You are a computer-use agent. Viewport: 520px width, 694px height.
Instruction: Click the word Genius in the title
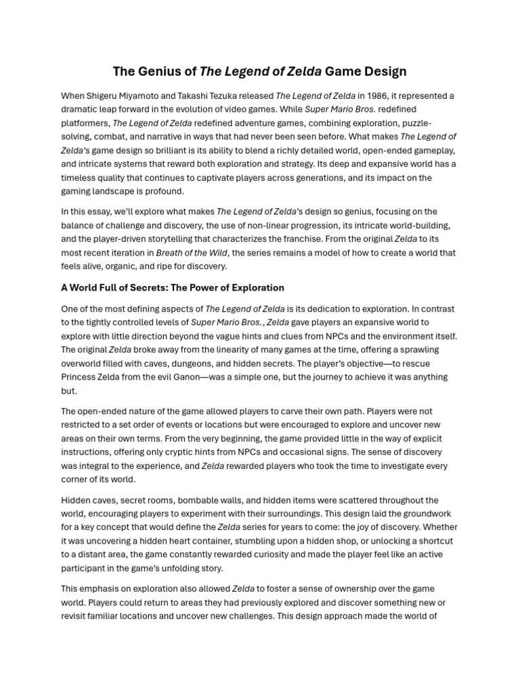(x=158, y=71)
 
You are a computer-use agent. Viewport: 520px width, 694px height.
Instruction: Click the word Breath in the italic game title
(x=170, y=253)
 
